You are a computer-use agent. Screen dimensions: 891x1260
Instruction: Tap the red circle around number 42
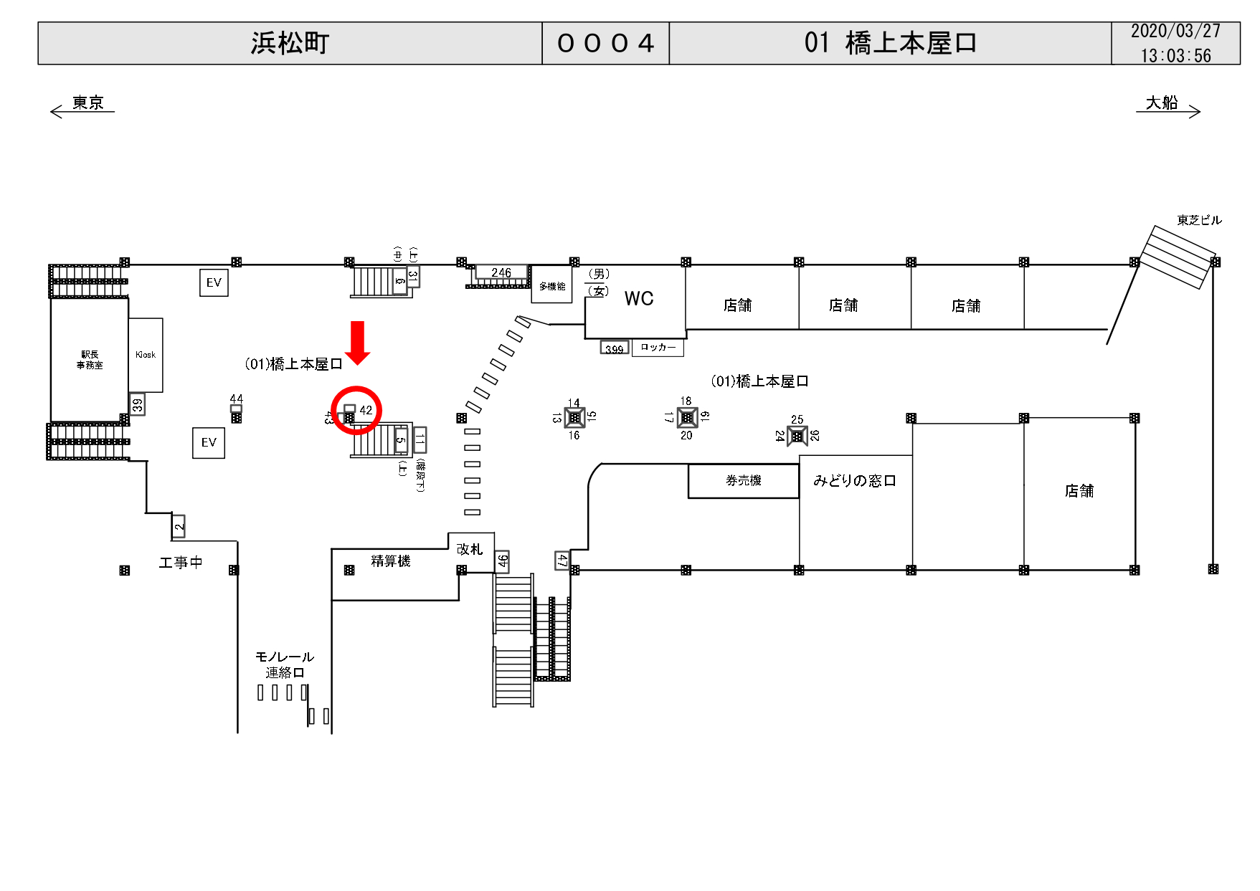356,410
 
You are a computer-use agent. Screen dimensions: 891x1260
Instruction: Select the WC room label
639,299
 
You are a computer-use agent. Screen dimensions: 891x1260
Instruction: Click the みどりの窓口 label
854,480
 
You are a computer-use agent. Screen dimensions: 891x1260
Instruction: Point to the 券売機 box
743,480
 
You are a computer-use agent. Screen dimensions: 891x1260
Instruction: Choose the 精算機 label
391,561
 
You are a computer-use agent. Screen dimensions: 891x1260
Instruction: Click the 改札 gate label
470,549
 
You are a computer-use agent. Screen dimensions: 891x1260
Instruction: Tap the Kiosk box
146,355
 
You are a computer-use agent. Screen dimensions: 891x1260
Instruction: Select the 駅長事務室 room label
90,360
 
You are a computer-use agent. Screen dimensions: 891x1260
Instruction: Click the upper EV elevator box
214,282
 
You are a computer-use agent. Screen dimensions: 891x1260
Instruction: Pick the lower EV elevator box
209,443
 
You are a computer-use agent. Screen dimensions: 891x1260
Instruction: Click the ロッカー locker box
658,348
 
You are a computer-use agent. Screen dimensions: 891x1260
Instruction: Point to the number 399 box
615,349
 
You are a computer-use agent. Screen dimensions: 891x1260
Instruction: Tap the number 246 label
501,272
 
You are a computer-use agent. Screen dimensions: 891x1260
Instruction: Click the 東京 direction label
87,103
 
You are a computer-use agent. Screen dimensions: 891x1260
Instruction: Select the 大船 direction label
1162,103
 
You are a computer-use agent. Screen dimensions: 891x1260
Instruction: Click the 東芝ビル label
1199,220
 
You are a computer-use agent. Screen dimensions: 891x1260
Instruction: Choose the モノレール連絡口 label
285,664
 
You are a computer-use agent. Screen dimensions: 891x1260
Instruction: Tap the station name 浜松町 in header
290,43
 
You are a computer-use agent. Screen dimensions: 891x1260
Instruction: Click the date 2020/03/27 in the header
1175,32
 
